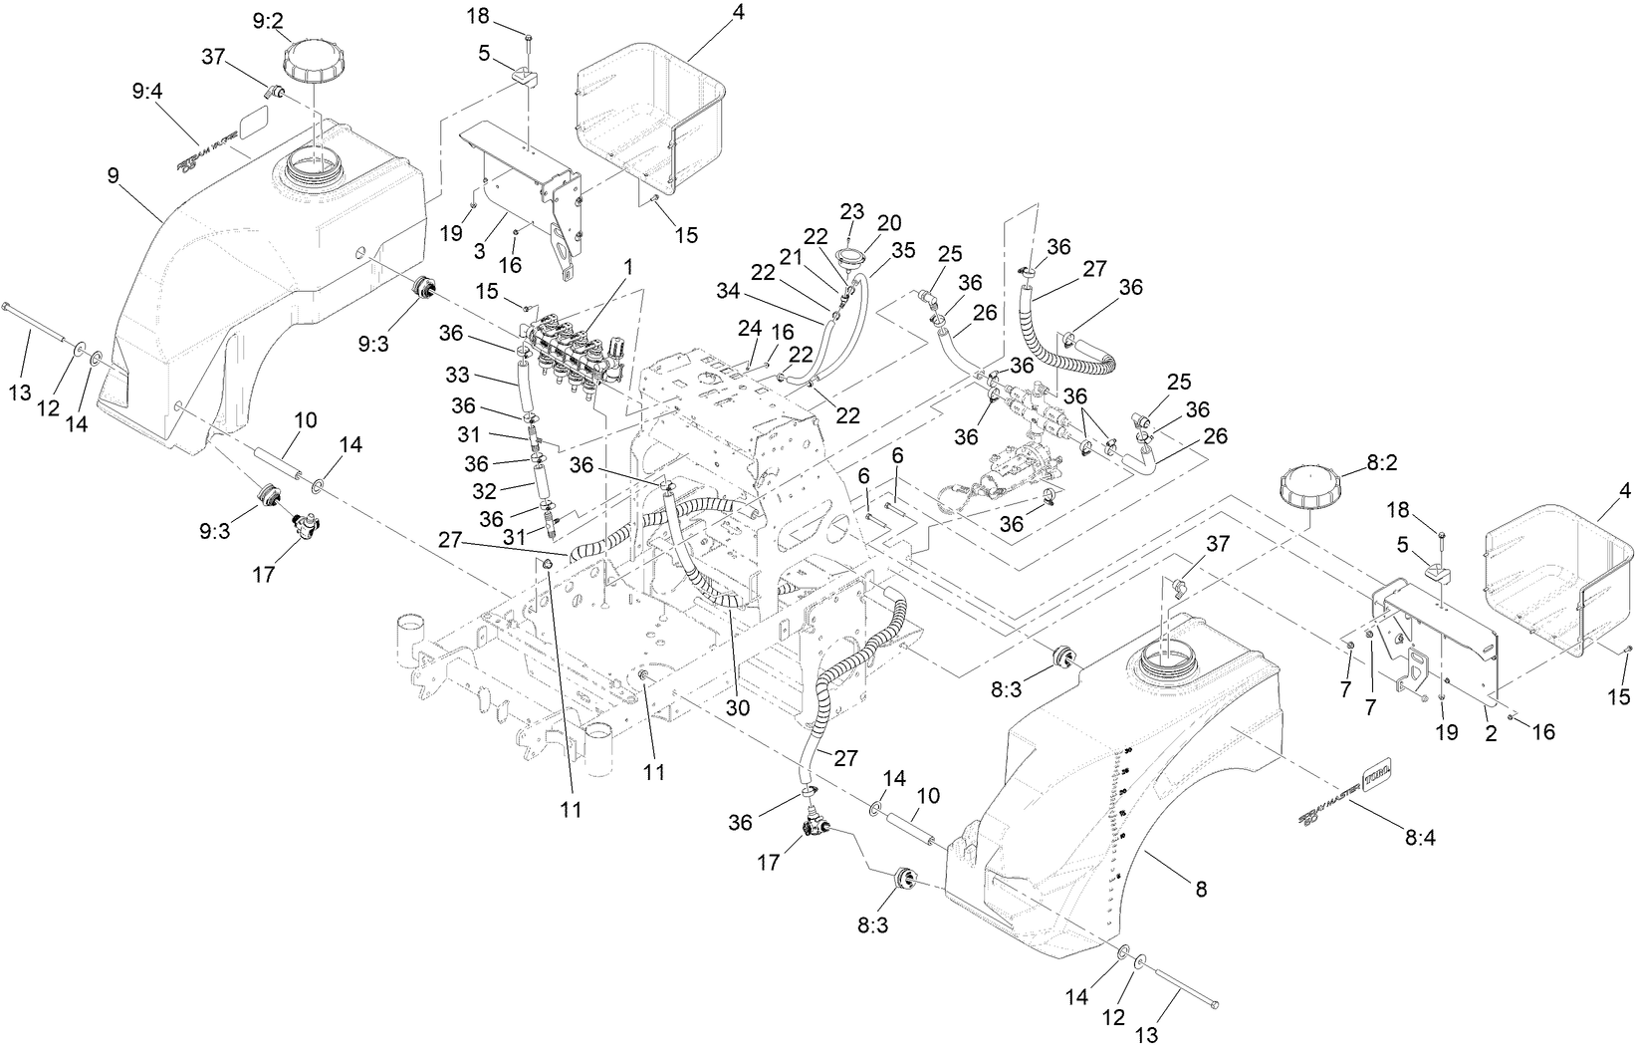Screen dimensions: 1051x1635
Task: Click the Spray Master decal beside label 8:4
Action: click(1345, 793)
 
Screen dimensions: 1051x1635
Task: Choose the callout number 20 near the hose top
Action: click(888, 221)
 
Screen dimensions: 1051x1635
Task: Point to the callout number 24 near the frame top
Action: click(749, 328)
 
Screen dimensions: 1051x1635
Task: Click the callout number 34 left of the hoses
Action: click(730, 290)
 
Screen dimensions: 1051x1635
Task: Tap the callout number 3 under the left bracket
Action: click(480, 253)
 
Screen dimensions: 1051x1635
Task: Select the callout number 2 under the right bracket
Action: click(1491, 732)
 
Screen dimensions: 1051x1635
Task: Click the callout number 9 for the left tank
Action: click(113, 175)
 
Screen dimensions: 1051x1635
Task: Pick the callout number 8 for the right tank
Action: click(1201, 890)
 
